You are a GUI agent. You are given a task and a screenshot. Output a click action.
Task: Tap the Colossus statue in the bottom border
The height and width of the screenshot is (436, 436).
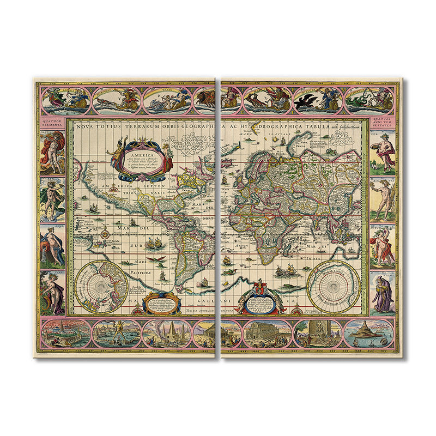[x=116, y=333]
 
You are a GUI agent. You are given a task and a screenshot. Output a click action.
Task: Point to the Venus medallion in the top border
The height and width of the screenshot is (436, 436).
[x=168, y=99]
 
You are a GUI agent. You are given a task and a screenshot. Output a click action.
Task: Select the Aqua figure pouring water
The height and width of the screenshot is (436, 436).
[x=52, y=246]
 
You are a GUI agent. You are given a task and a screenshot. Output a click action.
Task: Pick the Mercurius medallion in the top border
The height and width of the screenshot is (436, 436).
[x=122, y=99]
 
